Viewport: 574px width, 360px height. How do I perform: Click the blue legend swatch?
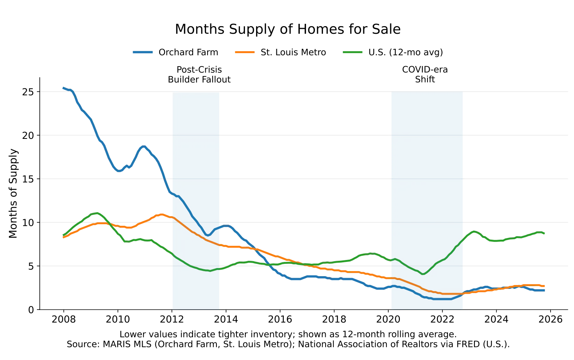point(143,52)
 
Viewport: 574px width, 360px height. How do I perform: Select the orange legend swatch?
point(245,52)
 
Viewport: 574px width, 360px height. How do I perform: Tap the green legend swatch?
point(352,52)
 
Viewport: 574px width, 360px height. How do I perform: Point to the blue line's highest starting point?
point(63,88)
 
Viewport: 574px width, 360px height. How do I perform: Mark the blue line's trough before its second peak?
point(120,170)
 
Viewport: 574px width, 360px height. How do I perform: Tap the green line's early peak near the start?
point(97,212)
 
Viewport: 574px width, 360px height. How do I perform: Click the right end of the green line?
point(545,233)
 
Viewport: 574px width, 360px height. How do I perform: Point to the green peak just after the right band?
point(473,230)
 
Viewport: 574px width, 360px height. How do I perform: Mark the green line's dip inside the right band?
point(423,274)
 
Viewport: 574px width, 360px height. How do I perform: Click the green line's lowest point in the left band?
point(210,271)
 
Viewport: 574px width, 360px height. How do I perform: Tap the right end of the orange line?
point(544,287)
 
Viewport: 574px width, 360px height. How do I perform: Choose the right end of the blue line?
point(545,290)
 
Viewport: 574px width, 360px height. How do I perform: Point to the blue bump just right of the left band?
point(227,225)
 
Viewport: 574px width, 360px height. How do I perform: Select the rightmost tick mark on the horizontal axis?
point(551,310)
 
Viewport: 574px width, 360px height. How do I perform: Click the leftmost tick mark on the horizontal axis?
point(63,310)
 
